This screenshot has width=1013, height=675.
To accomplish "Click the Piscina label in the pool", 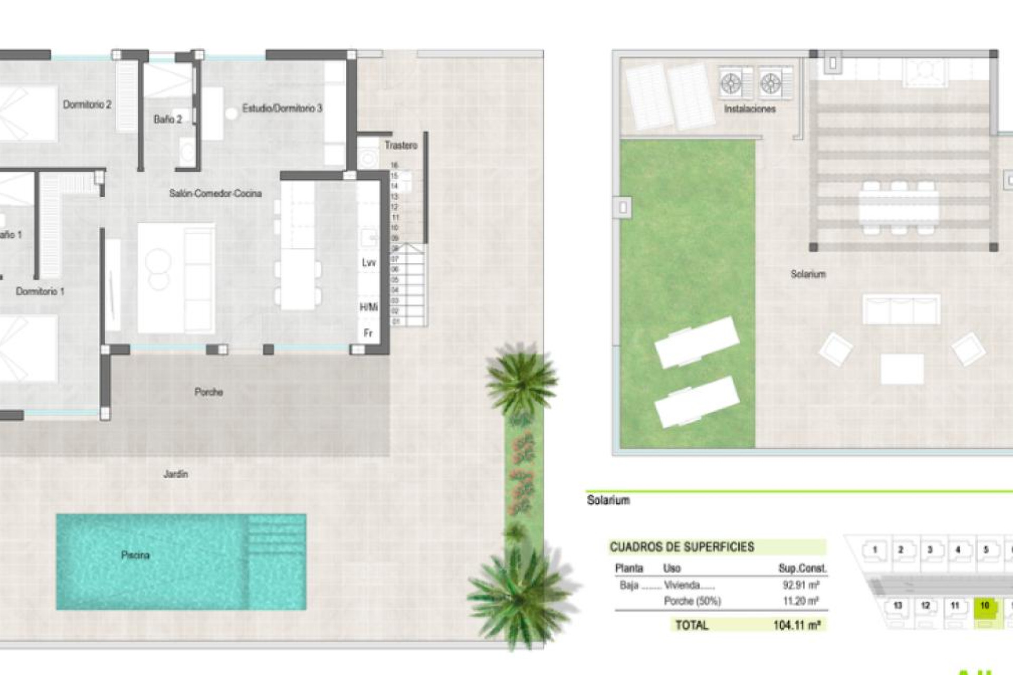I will click(x=135, y=555).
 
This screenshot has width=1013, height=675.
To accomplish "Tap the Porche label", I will click(x=208, y=392).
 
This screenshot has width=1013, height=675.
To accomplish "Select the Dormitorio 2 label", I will click(x=87, y=104).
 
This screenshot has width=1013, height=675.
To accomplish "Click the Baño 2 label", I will click(x=168, y=119).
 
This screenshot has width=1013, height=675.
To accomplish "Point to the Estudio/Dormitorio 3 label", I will click(x=282, y=108).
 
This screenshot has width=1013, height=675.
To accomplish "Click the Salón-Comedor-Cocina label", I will click(x=215, y=193).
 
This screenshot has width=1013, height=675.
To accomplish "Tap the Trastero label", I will click(x=400, y=145).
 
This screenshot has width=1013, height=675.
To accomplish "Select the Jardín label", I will click(x=175, y=474).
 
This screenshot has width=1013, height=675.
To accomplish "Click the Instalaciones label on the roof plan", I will click(x=749, y=109).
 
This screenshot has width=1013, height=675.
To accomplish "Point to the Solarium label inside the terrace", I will click(x=808, y=274).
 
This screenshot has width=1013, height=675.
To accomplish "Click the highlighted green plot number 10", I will click(x=984, y=605).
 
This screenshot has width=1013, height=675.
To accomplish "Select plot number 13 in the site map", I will click(x=897, y=605).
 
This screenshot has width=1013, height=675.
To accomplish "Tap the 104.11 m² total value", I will click(x=796, y=625).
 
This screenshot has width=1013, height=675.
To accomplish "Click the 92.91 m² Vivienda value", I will click(x=800, y=585).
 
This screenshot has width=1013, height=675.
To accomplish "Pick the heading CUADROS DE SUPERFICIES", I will click(x=682, y=547).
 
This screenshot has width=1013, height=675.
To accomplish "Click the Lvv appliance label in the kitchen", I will click(x=369, y=263).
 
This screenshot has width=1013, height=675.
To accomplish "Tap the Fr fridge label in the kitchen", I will click(x=368, y=333).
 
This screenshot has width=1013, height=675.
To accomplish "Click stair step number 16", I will click(x=394, y=165).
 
